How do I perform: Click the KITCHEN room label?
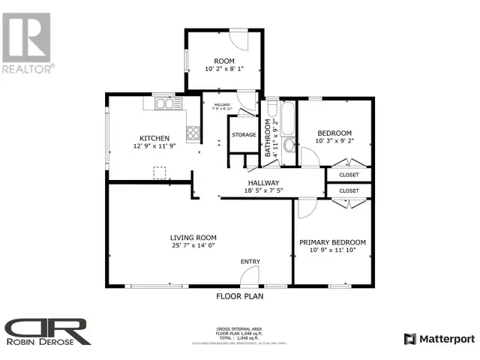(x=153, y=138)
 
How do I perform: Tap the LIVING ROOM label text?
(x=193, y=236)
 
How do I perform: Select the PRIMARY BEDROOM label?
(x=332, y=242)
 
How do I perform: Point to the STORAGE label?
(x=244, y=135)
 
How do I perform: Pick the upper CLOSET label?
(x=349, y=175)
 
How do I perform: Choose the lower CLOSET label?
(x=349, y=191)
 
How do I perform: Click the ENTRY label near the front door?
(x=250, y=262)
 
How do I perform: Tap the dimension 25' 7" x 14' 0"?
(x=193, y=245)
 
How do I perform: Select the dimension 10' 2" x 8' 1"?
(x=224, y=70)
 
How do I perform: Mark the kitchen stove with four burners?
(x=193, y=133)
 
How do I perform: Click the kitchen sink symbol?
(x=163, y=104)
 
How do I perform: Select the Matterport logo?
(x=438, y=339)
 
